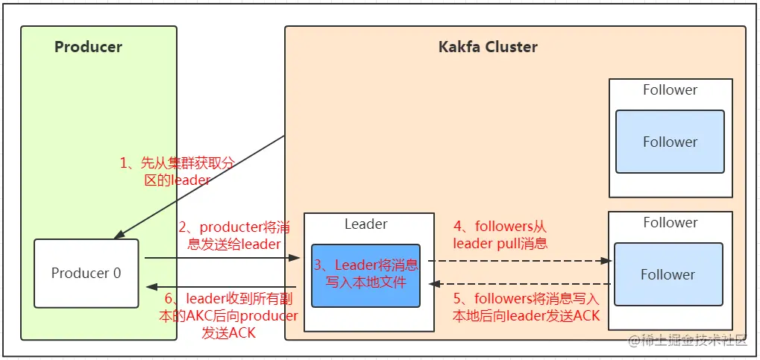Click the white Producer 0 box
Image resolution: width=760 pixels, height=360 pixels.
pyautogui.click(x=86, y=273)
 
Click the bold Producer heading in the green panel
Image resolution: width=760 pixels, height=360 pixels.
pyautogui.click(x=88, y=47)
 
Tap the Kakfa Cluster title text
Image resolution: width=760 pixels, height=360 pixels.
pyautogui.click(x=487, y=47)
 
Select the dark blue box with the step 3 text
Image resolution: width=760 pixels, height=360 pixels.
pyautogui.click(x=365, y=275)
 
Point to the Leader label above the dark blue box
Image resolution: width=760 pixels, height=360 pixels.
pyautogui.click(x=365, y=224)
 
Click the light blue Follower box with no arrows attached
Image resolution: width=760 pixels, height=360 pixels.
pyautogui.click(x=670, y=142)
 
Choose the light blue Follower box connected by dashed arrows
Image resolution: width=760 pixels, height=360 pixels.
pyautogui.click(x=668, y=274)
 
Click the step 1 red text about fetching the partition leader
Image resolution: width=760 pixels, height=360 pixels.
pyautogui.click(x=178, y=171)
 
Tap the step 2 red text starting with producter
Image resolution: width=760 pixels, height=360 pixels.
pyautogui.click(x=229, y=235)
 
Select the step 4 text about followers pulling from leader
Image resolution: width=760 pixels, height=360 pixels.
pyautogui.click(x=500, y=234)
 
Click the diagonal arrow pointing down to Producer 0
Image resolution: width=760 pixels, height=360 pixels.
pyautogui.click(x=200, y=187)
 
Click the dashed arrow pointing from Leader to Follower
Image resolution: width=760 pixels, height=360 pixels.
pyautogui.click(x=522, y=261)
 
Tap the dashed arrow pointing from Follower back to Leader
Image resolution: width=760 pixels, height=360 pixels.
pyautogui.click(x=522, y=284)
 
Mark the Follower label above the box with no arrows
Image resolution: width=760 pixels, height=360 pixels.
pyautogui.click(x=670, y=90)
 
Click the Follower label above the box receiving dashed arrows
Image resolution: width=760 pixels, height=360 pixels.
pyautogui.click(x=670, y=222)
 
